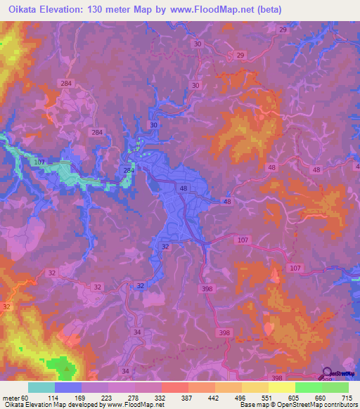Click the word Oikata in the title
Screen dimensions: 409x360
20,10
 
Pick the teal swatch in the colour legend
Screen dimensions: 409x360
41,388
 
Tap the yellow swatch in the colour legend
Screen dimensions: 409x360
282,388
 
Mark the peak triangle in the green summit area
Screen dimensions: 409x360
67,367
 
